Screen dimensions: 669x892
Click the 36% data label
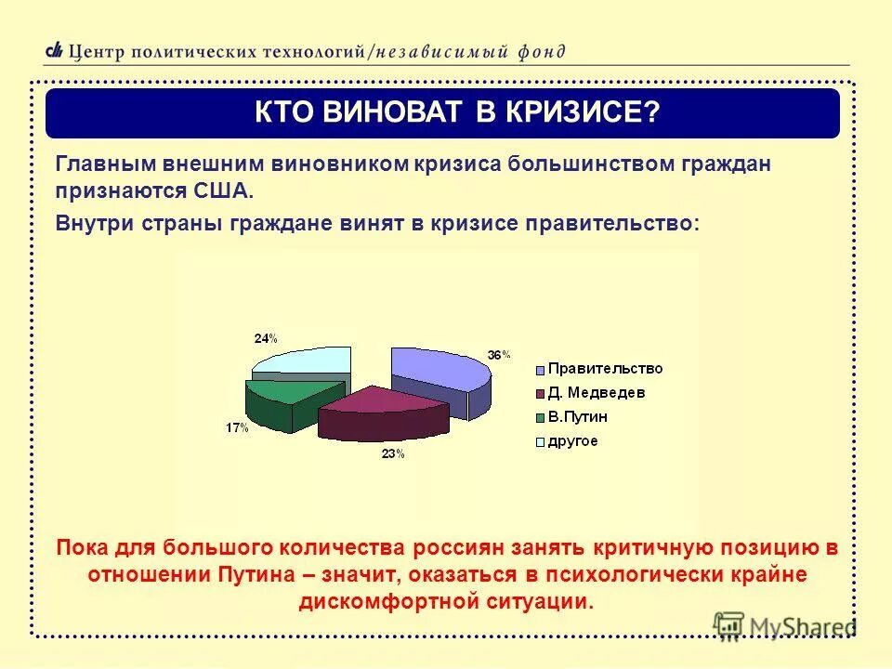point(499,354)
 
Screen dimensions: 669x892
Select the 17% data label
point(236,427)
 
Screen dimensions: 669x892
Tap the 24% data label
point(265,338)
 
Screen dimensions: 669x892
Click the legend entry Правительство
point(604,368)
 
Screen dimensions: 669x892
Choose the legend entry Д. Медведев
point(596,392)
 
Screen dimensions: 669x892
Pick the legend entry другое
point(572,440)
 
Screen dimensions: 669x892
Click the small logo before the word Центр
point(55,50)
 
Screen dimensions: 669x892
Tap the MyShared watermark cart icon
point(728,626)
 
